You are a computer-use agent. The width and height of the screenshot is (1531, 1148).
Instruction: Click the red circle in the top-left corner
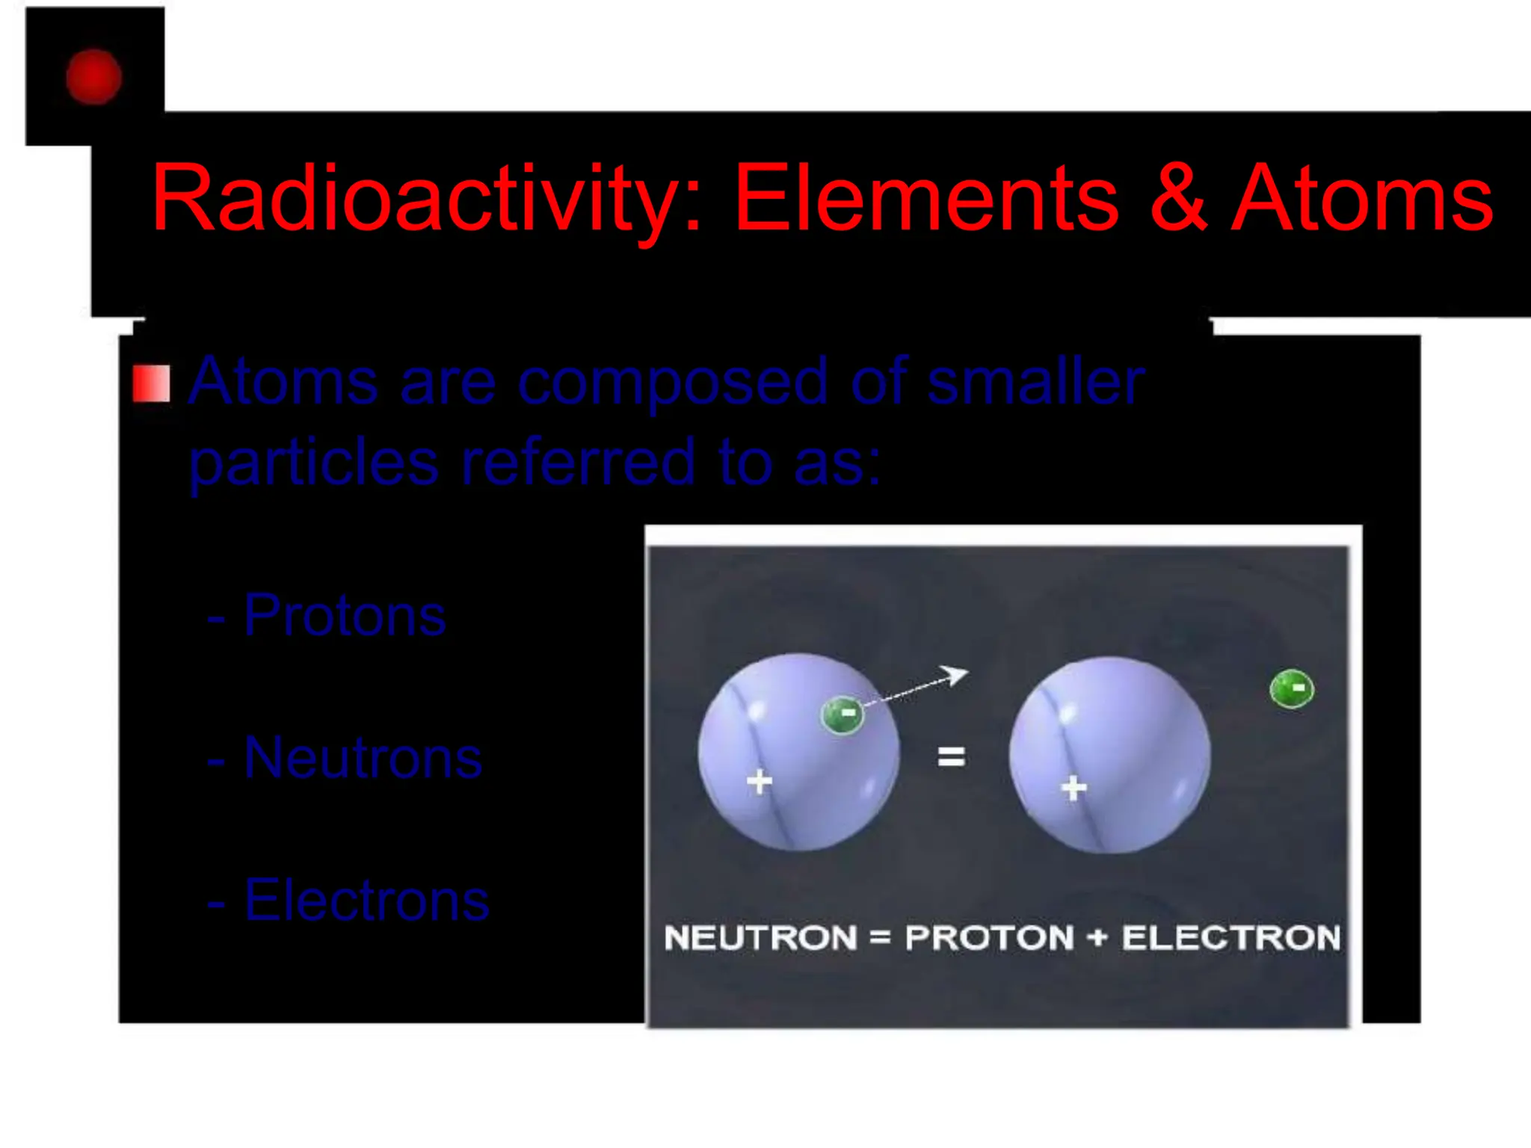click(x=93, y=76)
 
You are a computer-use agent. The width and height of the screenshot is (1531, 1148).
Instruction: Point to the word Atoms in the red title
click(x=1361, y=199)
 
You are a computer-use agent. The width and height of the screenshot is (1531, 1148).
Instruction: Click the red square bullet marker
click(x=151, y=384)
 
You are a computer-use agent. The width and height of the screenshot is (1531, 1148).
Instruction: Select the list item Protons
click(x=344, y=616)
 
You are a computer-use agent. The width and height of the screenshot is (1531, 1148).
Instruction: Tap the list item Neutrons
click(x=363, y=758)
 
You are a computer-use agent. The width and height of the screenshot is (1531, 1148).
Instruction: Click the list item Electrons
click(x=366, y=901)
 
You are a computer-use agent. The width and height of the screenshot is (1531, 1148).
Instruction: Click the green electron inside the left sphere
click(x=842, y=715)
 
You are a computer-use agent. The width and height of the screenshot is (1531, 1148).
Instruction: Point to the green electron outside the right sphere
click(x=1292, y=688)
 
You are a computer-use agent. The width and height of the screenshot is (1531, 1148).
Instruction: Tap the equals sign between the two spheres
click(x=951, y=757)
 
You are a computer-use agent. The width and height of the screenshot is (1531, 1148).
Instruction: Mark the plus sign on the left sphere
click(x=760, y=782)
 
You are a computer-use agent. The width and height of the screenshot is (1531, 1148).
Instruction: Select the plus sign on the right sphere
click(x=1074, y=788)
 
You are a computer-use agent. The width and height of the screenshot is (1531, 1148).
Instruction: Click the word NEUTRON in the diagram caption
click(x=760, y=938)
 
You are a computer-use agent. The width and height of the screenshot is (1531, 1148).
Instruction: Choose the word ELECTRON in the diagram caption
click(x=1231, y=938)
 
